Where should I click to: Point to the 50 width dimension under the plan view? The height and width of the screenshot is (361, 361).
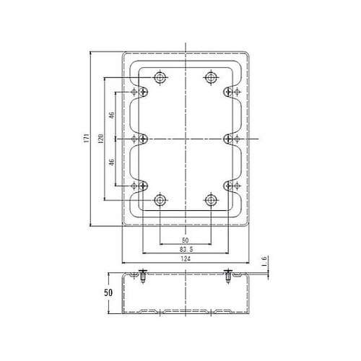click(x=185, y=240)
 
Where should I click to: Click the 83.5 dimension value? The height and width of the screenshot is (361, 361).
click(x=185, y=250)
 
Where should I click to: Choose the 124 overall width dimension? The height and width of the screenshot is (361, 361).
click(x=185, y=260)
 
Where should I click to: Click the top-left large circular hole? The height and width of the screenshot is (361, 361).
click(x=160, y=77)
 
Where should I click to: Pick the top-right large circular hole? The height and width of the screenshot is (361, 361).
click(x=211, y=77)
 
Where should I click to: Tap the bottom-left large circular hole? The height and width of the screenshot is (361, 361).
click(x=160, y=199)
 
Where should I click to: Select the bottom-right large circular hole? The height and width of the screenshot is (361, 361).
click(x=211, y=199)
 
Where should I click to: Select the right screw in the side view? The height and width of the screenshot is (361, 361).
click(x=228, y=274)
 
